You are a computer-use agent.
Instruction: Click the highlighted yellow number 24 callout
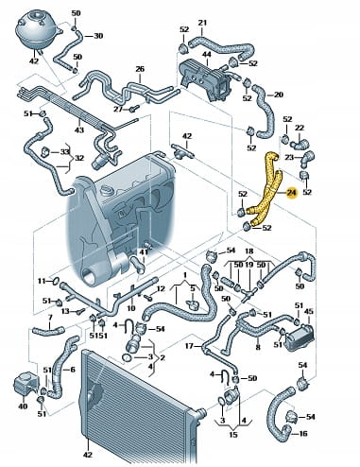[292, 194]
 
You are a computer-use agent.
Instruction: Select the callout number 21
[202, 23]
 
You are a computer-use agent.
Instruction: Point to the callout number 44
[206, 55]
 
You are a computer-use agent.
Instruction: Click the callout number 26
[140, 69]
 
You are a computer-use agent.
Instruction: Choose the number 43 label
[79, 130]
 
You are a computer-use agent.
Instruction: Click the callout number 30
[98, 36]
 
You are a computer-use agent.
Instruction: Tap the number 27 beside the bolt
[118, 109]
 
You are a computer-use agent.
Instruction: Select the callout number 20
[279, 95]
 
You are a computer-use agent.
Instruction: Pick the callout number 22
[300, 128]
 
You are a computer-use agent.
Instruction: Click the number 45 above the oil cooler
[309, 311]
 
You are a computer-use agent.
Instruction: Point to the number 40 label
[23, 406]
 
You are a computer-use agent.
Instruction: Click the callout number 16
[302, 434]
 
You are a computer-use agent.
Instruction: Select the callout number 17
[189, 346]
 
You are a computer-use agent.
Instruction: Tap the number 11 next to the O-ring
[42, 281]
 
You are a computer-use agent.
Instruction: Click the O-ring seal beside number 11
[56, 280]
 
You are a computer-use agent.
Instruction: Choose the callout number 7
[50, 318]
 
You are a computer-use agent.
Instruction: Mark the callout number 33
[64, 151]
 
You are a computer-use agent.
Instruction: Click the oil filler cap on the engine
[108, 191]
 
